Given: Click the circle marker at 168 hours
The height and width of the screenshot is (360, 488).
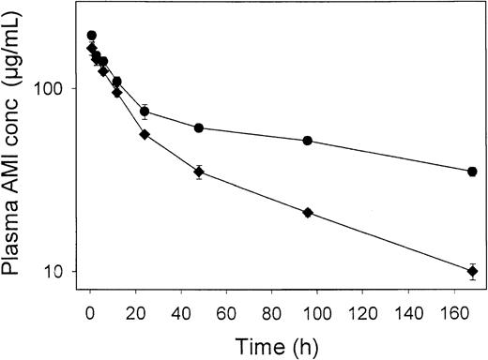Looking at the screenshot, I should point(472,172).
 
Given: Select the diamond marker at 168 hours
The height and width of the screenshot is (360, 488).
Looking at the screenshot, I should point(472,272).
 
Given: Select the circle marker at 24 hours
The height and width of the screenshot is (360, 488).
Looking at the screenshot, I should point(145,112).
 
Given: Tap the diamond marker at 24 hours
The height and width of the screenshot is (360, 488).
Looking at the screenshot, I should point(145,135).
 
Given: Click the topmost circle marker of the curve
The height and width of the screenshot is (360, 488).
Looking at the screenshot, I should point(91,36).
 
